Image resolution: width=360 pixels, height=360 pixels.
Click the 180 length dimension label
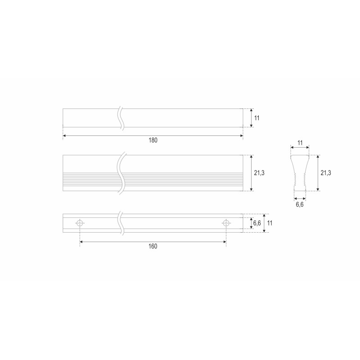click(153, 140)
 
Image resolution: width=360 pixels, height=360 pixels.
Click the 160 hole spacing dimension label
click(153, 246)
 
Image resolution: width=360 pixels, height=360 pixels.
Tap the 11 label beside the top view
click(256, 118)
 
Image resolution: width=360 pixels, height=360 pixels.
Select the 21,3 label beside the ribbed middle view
click(259, 173)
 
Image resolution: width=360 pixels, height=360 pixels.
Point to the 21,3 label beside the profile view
click(325, 173)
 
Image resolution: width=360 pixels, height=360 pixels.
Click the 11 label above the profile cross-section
click(300, 143)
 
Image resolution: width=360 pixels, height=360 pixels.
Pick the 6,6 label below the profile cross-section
click(300, 204)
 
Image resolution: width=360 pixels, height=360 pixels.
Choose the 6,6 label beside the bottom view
click(257, 223)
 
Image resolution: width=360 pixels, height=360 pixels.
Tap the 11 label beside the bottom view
click(270, 223)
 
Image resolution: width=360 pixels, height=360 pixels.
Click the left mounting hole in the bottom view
click(80, 223)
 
